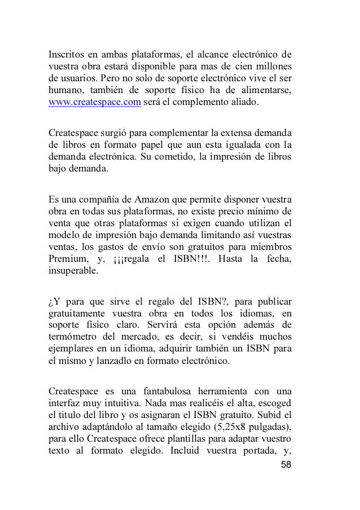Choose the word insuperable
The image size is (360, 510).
[x=73, y=271]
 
